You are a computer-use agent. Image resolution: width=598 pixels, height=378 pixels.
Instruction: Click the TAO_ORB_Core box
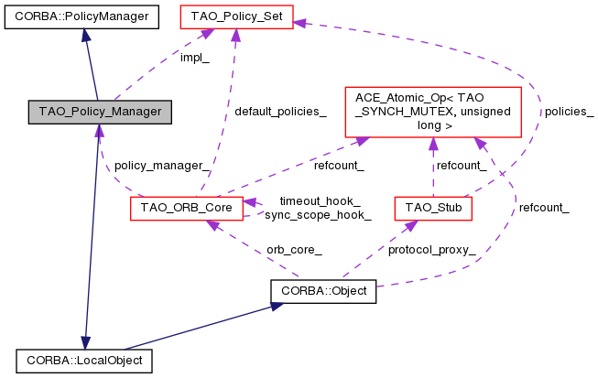tap(187, 209)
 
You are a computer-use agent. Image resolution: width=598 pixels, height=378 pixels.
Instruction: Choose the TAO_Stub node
tap(433, 209)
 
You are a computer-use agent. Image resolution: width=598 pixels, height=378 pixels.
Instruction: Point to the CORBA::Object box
tap(324, 292)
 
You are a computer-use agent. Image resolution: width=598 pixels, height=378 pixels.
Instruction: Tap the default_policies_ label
tap(279, 112)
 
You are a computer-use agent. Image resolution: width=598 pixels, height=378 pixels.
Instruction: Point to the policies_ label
tap(569, 112)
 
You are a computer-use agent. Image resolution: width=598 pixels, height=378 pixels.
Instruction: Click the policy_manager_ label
tap(161, 167)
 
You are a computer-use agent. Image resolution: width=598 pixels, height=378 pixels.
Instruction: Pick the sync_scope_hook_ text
tap(318, 215)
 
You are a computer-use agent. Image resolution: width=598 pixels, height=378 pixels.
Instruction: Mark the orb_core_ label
tap(294, 249)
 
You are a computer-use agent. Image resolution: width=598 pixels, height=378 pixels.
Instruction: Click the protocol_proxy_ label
tap(431, 249)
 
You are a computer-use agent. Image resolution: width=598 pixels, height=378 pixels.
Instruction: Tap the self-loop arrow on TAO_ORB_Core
tap(257, 208)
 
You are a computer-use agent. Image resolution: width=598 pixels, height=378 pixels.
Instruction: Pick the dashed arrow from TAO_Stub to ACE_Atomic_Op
tap(433, 169)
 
